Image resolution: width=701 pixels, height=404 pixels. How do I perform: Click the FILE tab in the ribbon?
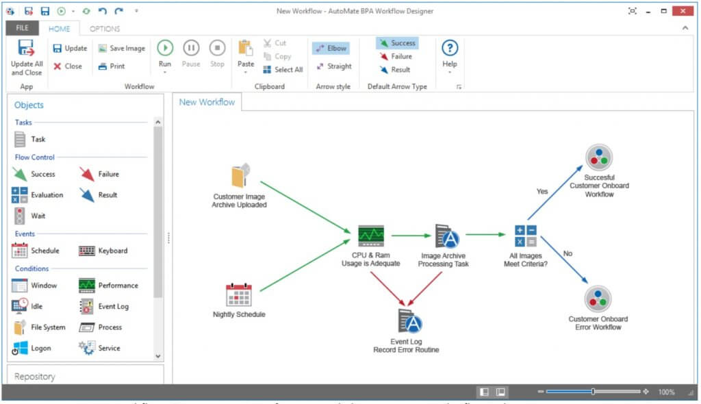pos(22,29)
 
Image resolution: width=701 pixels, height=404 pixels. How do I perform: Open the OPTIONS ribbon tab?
pos(105,29)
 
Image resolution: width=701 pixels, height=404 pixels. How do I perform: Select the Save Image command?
pos(121,49)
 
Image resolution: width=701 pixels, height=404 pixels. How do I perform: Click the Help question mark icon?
pos(449,48)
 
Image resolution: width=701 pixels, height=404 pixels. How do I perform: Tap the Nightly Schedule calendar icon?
pos(239,294)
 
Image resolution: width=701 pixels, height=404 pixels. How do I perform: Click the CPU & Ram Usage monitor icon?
pos(371,236)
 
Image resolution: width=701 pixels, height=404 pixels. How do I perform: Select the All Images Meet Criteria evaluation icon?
pos(526,236)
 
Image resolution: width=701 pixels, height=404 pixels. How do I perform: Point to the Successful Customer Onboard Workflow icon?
pos(598,157)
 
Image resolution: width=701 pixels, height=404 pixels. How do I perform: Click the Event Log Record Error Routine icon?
pos(409,321)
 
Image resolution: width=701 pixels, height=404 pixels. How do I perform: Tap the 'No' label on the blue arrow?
pos(568,253)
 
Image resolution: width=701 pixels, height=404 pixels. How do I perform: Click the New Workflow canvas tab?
pos(207,102)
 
